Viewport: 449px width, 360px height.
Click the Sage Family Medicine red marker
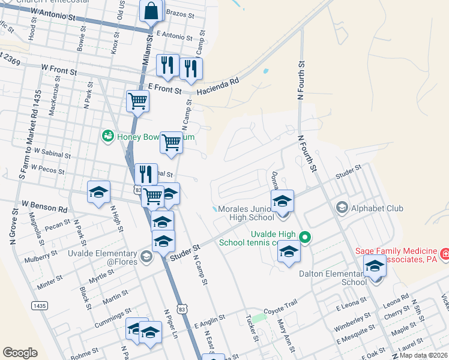coord(445,254)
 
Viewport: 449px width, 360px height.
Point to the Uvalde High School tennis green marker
coord(304,237)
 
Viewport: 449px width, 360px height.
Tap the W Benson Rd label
coord(44,209)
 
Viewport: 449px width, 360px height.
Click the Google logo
coord(20,353)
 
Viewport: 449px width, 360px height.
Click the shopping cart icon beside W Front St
coord(138,101)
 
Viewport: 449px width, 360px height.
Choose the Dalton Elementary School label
coord(332,278)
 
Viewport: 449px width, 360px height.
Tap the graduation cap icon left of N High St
coord(99,192)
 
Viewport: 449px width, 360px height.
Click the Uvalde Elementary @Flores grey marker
coord(146,257)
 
